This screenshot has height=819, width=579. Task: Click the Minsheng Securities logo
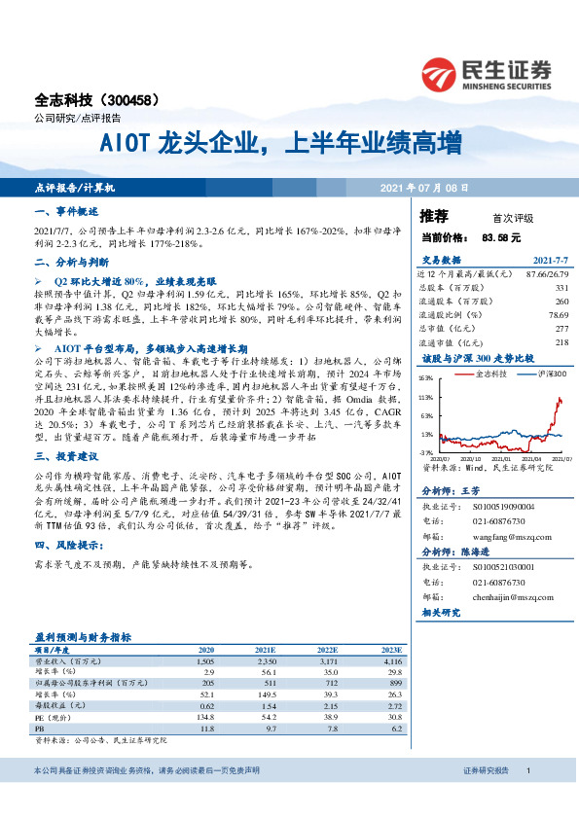tap(487, 70)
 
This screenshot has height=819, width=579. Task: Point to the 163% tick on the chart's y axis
tap(425, 377)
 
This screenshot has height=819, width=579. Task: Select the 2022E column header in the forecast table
tap(327, 649)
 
